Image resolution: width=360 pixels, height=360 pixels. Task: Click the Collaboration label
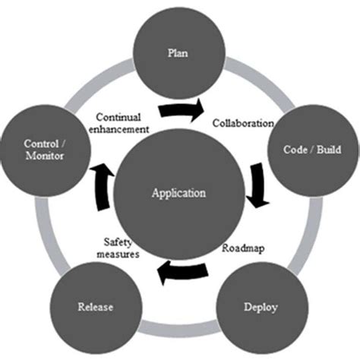242,123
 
